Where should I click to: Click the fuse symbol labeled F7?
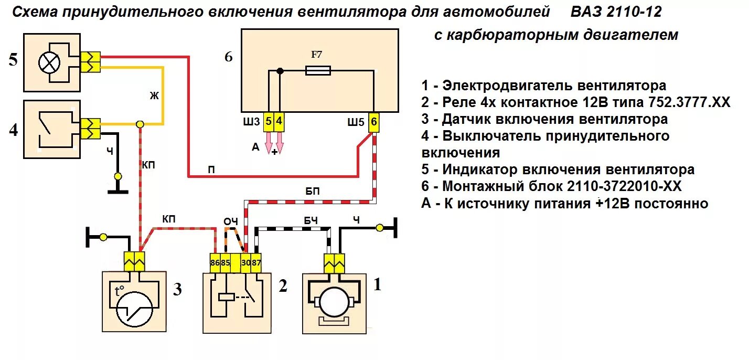pyautogui.click(x=318, y=70)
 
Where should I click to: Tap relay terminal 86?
pyautogui.click(x=215, y=262)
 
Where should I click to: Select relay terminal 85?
pyautogui.click(x=226, y=262)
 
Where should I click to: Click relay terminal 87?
pyautogui.click(x=256, y=262)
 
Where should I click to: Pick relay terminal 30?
pyautogui.click(x=245, y=262)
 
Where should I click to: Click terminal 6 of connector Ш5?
pyautogui.click(x=373, y=122)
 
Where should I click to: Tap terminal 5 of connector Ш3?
pyautogui.click(x=268, y=122)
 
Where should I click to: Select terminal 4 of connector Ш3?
pyautogui.click(x=279, y=122)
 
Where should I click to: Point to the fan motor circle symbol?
pyautogui.click(x=335, y=304)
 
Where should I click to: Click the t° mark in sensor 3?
pyautogui.click(x=120, y=292)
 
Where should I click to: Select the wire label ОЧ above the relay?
pyautogui.click(x=231, y=222)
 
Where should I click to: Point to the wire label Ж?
pyautogui.click(x=153, y=95)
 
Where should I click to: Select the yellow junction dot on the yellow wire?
pyautogui.click(x=140, y=124)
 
